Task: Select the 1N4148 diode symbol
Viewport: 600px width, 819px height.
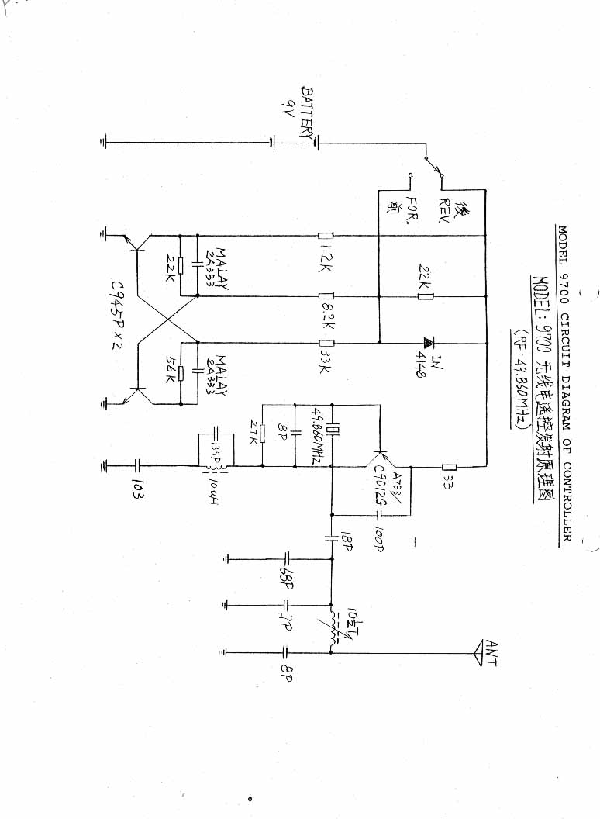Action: click(426, 342)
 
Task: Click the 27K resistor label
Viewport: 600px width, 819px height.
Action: click(251, 432)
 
